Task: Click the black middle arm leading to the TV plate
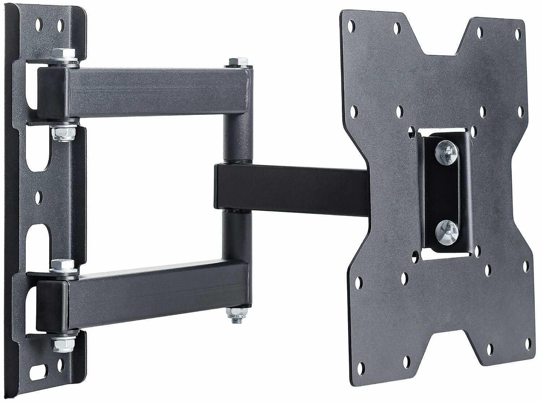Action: [x=289, y=187]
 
